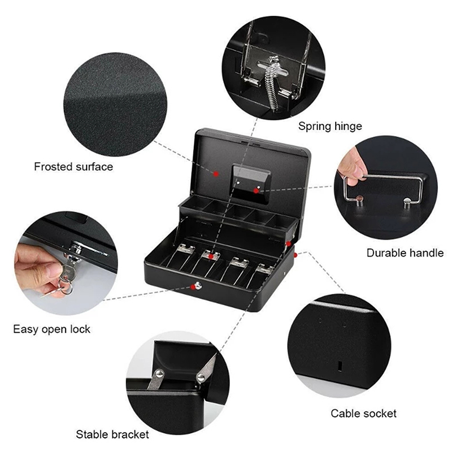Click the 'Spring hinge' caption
click(330, 126)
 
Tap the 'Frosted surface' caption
click(73, 167)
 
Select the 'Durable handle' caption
click(405, 253)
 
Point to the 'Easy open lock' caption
click(51, 329)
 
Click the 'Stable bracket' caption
click(112, 434)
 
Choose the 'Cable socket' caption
click(363, 413)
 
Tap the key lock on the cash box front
click(198, 286)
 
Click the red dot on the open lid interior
click(216, 173)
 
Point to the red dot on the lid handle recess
click(256, 191)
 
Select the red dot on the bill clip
click(211, 257)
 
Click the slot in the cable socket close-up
click(340, 366)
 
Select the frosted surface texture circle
click(115, 105)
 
